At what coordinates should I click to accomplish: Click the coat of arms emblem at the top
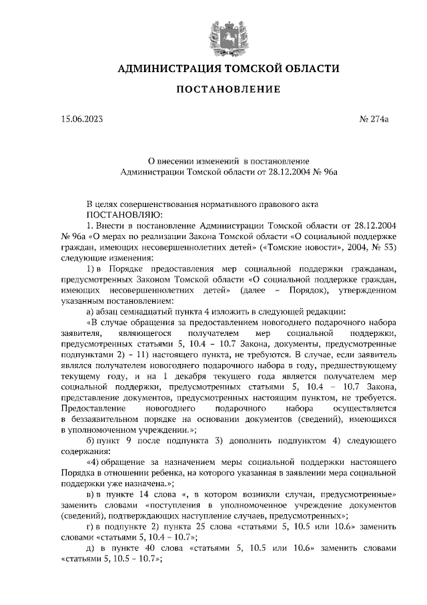coord(213,31)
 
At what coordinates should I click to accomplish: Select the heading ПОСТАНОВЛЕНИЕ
coord(213,89)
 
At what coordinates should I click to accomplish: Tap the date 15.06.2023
coord(82,120)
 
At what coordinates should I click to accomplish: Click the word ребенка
coord(158,473)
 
